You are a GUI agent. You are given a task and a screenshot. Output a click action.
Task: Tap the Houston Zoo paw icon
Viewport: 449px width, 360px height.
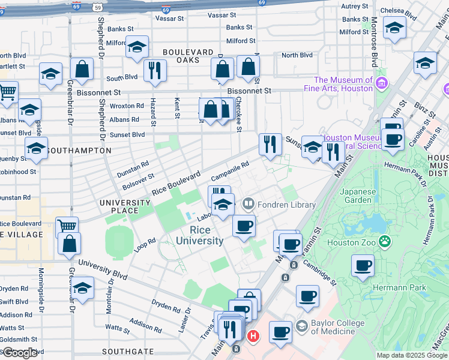[385, 242]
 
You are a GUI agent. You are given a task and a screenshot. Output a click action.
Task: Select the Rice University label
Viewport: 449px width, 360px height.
[200, 235]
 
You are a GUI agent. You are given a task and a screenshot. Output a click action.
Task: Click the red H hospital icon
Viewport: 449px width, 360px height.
[253, 337]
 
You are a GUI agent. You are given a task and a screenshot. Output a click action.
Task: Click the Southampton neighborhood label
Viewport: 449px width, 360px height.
[78, 150]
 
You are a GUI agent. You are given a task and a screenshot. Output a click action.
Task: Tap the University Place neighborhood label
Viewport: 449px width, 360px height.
[125, 206]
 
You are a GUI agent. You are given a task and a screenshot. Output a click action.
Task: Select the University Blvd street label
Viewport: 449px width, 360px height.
[103, 271]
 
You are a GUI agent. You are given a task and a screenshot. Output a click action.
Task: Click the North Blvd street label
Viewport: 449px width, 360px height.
[297, 55]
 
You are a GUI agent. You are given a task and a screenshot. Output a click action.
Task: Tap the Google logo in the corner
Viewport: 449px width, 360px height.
[20, 353]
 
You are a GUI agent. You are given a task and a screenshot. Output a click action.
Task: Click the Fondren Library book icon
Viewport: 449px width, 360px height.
[248, 205]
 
